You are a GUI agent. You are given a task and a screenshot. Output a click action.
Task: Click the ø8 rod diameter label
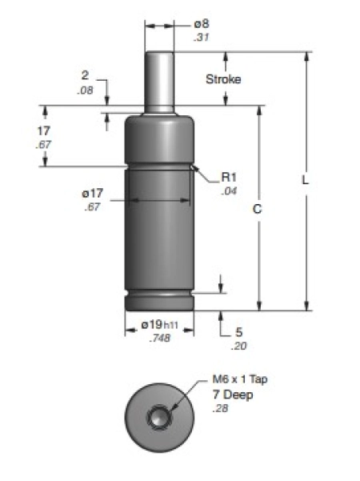[201, 25]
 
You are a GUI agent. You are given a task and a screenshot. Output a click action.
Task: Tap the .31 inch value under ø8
[200, 38]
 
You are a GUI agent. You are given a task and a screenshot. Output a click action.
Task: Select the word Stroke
[223, 79]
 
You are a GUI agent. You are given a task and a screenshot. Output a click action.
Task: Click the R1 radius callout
[228, 178]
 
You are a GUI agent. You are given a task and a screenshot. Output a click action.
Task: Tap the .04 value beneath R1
[228, 192]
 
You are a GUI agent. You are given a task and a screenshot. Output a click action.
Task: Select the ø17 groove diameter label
[92, 193]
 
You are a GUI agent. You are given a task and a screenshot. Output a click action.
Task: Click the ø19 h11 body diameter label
[158, 324]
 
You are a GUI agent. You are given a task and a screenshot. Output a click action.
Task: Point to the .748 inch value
[159, 338]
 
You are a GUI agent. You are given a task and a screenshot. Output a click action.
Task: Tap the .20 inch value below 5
[238, 346]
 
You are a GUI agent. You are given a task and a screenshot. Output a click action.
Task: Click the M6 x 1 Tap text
[240, 379]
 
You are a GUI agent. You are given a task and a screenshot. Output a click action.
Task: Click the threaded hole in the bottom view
[159, 418]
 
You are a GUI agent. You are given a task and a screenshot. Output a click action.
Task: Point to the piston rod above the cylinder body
[159, 80]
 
